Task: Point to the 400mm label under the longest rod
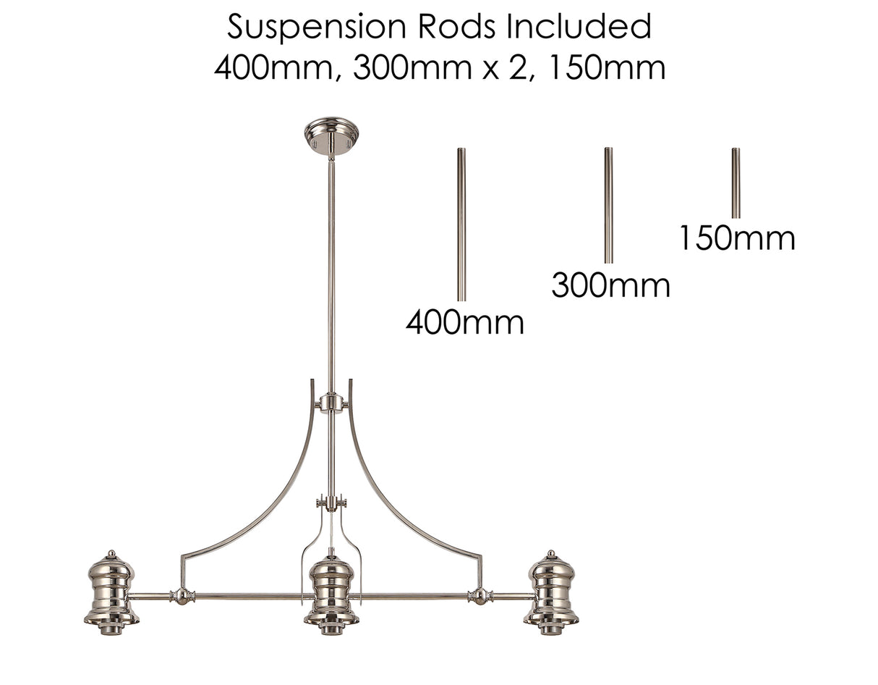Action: (464, 322)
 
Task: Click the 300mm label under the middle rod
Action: (610, 285)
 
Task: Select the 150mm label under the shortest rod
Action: (736, 238)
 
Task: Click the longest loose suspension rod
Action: (461, 224)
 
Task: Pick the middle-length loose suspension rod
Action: (608, 205)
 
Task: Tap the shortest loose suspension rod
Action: (736, 182)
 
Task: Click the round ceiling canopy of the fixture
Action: (331, 135)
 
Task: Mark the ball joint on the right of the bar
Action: (478, 596)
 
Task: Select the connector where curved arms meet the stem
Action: (331, 403)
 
